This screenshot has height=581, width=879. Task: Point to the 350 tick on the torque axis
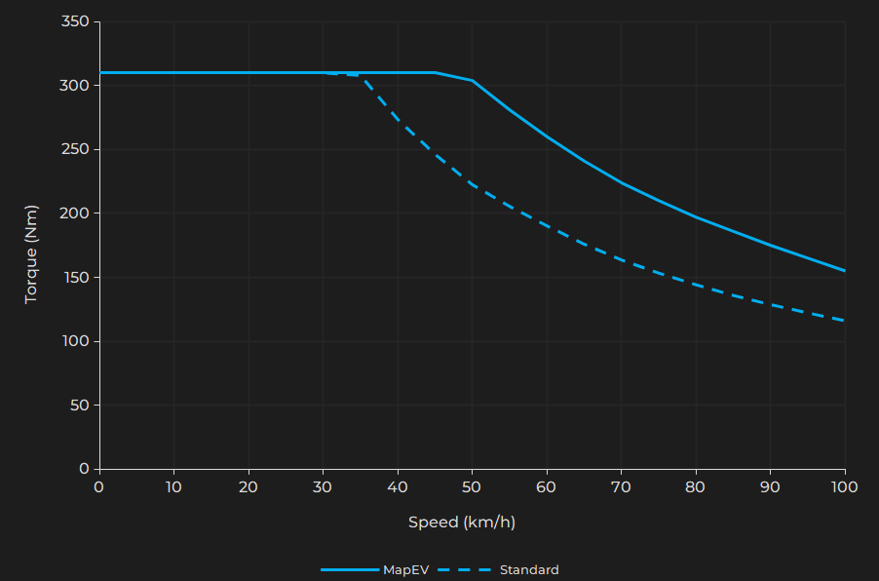pos(75,21)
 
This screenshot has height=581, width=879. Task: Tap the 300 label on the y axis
pos(75,86)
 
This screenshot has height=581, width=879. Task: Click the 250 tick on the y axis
pos(75,149)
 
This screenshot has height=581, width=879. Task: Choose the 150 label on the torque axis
pos(75,277)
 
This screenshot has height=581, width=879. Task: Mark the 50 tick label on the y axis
pos(79,405)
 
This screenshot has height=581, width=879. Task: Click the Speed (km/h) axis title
pos(461,523)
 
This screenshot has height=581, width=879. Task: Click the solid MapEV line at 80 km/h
pos(696,216)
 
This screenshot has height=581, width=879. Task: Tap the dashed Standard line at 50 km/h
pos(472,184)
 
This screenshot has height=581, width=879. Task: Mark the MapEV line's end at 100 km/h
pos(844,270)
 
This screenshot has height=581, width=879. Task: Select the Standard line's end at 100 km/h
pos(844,320)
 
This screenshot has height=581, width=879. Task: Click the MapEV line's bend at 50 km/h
pos(472,80)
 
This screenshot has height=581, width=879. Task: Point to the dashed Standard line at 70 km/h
pos(621,259)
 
